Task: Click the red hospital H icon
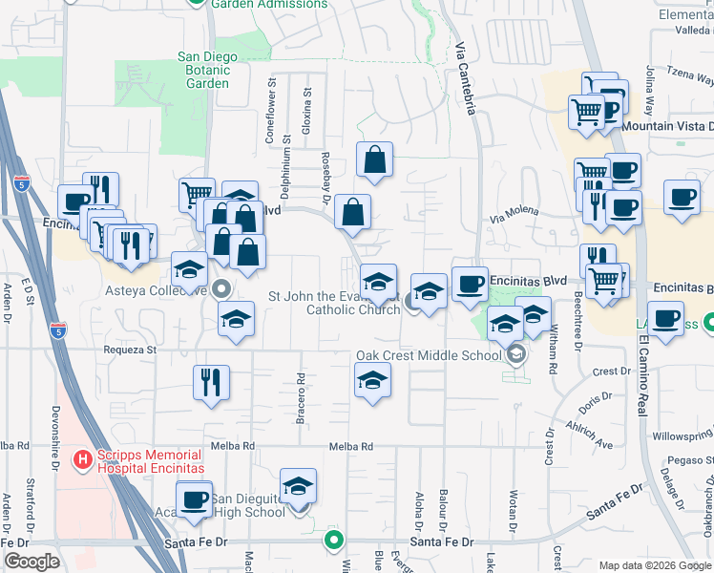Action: pos(83,459)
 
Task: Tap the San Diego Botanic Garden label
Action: pos(207,70)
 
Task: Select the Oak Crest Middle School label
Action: pos(429,355)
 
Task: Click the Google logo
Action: pos(31,561)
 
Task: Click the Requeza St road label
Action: pos(131,350)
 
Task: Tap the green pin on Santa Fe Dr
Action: pos(333,541)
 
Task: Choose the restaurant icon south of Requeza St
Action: pos(211,381)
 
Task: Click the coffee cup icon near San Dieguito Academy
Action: pos(195,500)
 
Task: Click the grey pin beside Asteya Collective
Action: pos(222,287)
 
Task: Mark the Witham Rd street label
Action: pos(553,348)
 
